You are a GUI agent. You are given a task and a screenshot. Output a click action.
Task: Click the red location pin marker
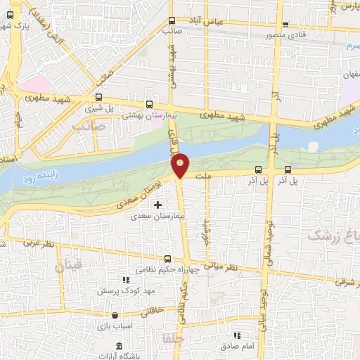[181, 165]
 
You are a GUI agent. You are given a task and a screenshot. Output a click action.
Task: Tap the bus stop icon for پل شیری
[99, 98]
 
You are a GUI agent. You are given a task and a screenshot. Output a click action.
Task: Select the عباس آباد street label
[224, 22]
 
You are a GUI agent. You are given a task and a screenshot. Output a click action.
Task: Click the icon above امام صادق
[238, 337]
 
